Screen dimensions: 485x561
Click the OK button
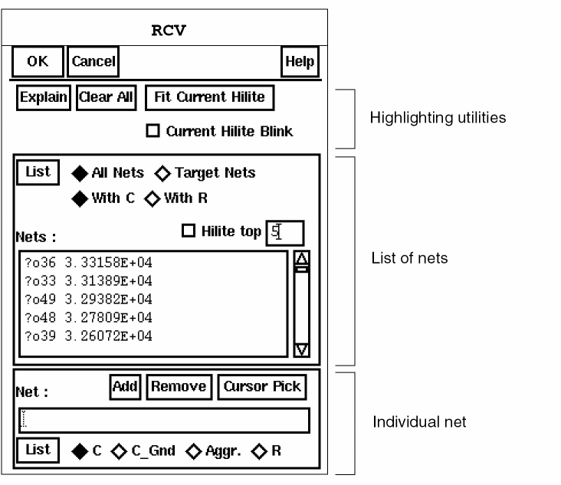tap(37, 62)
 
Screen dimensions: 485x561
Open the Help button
tap(300, 62)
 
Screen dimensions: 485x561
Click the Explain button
tap(44, 98)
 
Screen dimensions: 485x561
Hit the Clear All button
tap(106, 98)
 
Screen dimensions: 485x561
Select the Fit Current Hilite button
tap(208, 97)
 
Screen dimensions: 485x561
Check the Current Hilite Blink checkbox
tap(153, 132)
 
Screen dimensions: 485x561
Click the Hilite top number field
tap(284, 232)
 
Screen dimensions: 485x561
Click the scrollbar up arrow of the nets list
tap(301, 260)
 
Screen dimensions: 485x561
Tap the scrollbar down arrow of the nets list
tap(301, 349)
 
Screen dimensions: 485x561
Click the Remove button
tap(178, 387)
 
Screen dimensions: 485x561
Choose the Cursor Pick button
tap(262, 387)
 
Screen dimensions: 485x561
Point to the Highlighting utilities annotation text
tap(438, 119)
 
